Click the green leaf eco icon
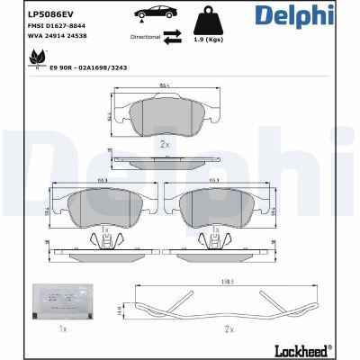pyautogui.click(x=38, y=58)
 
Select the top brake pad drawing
pyautogui.click(x=166, y=114)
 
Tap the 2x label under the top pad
pyautogui.click(x=165, y=144)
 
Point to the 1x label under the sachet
pyautogui.click(x=62, y=330)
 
